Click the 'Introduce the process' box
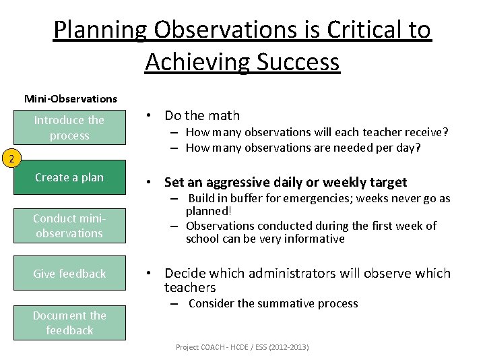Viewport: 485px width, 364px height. (x=69, y=127)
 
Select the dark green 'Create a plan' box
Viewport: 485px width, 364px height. (x=69, y=177)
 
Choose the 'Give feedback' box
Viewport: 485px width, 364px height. (x=69, y=273)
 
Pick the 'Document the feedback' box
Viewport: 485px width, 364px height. (x=69, y=323)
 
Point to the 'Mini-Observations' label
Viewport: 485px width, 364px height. (x=71, y=98)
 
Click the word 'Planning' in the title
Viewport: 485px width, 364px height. (x=100, y=30)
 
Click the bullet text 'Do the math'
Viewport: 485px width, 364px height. (x=201, y=116)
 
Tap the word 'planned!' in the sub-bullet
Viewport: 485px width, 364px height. (x=208, y=211)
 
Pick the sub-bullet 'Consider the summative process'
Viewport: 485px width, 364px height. (x=273, y=303)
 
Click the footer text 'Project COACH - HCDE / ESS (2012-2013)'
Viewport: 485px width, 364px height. (x=242, y=347)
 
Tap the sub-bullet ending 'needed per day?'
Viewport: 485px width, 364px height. (x=302, y=148)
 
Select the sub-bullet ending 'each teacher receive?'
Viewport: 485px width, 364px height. (x=317, y=133)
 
